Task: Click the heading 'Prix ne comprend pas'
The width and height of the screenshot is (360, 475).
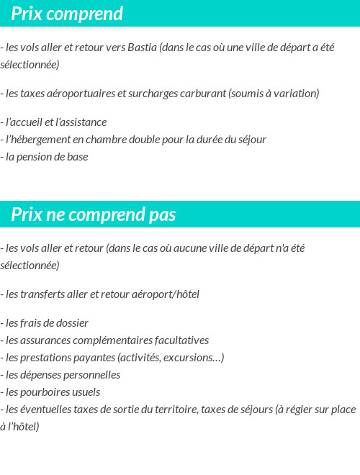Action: [94, 215]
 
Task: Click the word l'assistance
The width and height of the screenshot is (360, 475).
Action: [81, 122]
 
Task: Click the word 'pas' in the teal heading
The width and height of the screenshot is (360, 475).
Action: [162, 215]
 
